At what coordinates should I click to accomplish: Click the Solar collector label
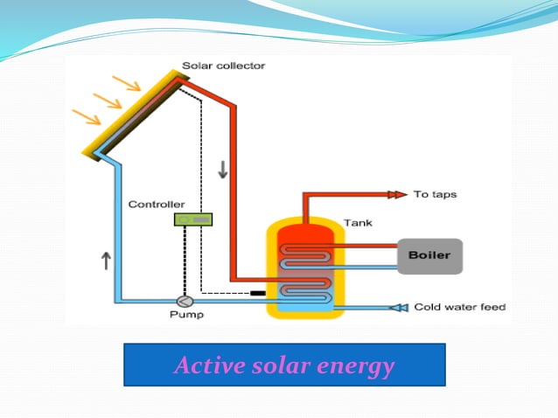click(x=223, y=66)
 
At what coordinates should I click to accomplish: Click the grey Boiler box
click(x=429, y=255)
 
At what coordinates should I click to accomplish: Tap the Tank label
click(x=358, y=222)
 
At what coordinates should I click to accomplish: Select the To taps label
click(x=435, y=193)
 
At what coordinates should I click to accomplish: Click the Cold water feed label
click(x=460, y=307)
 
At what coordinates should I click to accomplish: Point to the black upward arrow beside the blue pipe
click(x=105, y=260)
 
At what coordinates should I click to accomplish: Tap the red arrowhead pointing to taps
click(x=397, y=193)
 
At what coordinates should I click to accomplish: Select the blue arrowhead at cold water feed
click(x=399, y=307)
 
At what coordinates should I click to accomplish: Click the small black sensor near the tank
click(x=257, y=291)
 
